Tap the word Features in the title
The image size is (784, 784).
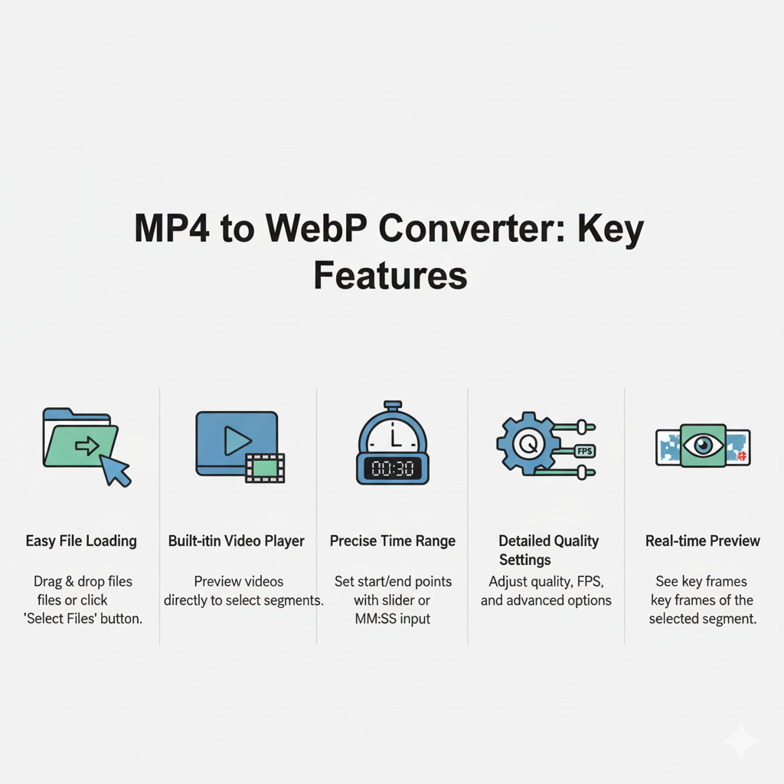[390, 275]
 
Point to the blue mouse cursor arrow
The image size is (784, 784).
[115, 469]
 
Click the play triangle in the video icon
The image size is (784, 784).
[237, 440]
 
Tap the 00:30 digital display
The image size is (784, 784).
[392, 468]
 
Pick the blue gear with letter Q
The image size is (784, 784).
[526, 443]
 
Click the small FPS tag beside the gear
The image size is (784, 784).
[583, 450]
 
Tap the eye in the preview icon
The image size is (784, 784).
[703, 446]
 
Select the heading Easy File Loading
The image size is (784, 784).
[81, 541]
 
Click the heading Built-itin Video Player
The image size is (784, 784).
[237, 541]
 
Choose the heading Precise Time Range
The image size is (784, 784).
[393, 541]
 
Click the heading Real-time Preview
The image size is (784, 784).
[703, 541]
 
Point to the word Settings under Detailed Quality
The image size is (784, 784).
[525, 560]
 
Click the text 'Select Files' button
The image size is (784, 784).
[83, 619]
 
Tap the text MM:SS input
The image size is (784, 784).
[392, 619]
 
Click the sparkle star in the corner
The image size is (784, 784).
[740, 741]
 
